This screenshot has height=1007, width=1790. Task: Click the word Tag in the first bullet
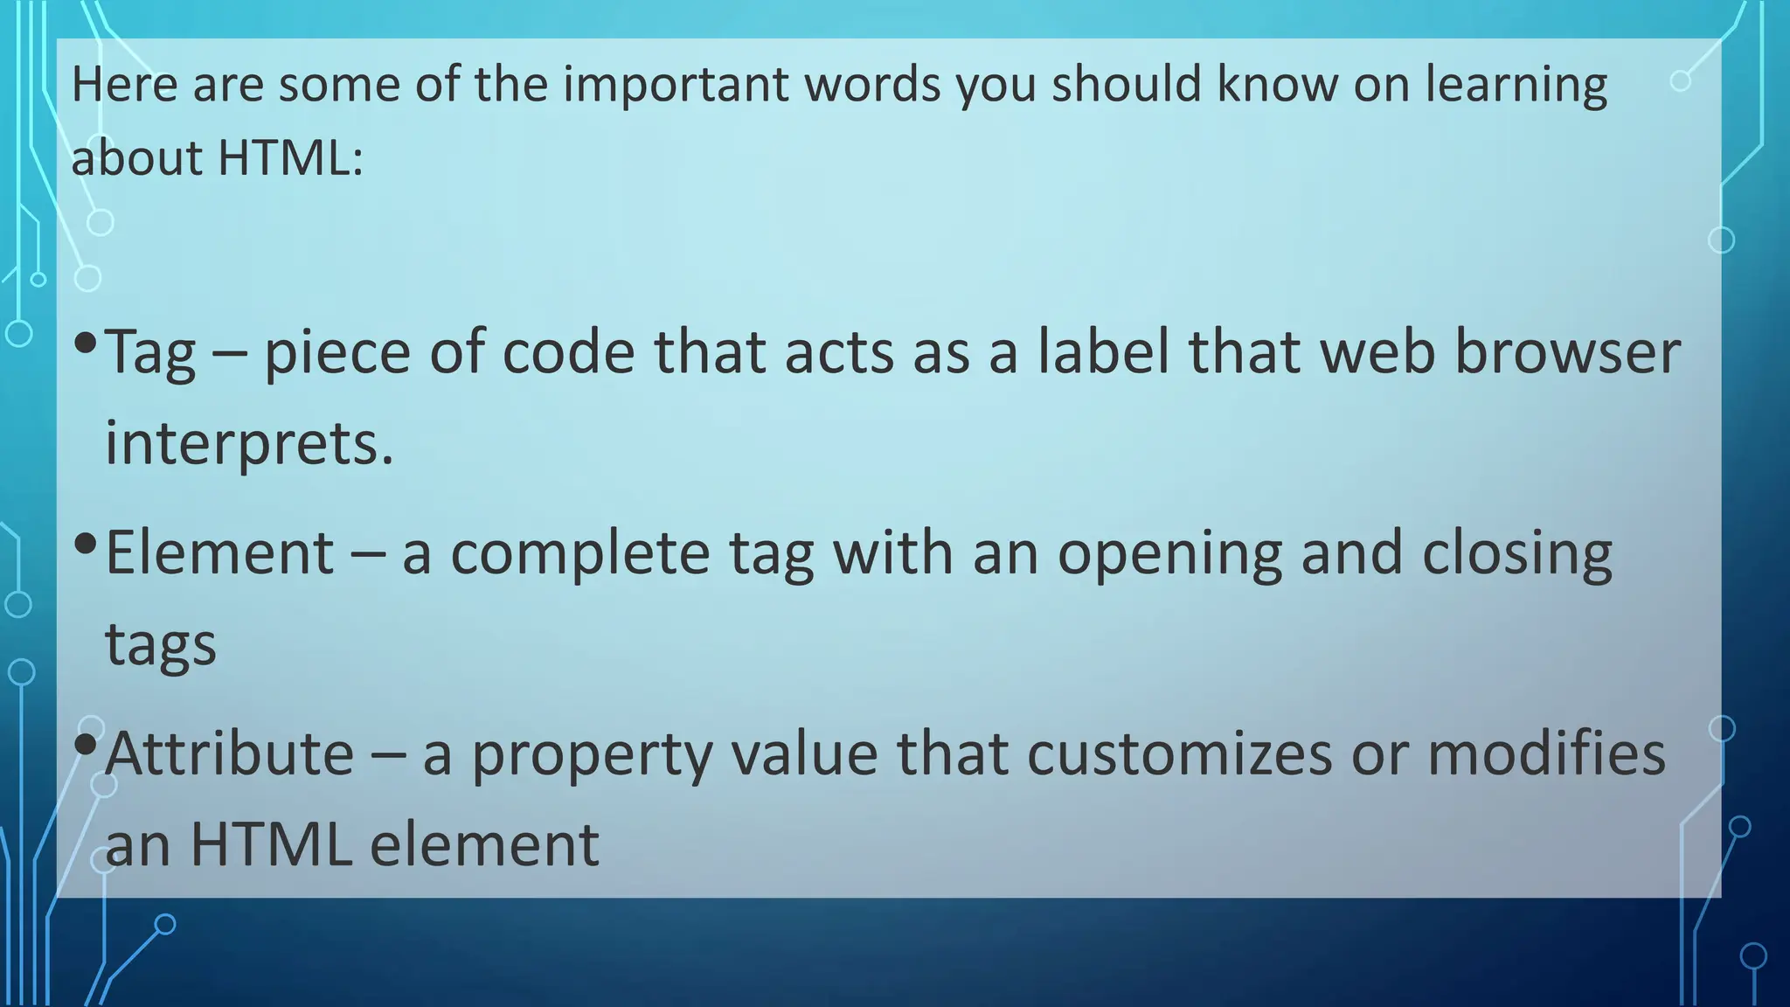[x=150, y=354]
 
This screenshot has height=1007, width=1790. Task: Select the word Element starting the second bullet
[x=219, y=553]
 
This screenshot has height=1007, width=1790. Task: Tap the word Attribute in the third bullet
[x=229, y=754]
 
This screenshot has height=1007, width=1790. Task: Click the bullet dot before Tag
[x=85, y=343]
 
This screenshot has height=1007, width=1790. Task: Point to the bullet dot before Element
[x=85, y=544]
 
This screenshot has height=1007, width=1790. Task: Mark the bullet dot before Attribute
[x=85, y=745]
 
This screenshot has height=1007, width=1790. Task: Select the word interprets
[x=249, y=444]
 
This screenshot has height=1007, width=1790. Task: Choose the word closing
[x=1516, y=555]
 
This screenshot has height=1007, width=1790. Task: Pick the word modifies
[x=1546, y=754]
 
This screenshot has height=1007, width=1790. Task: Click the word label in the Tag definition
[x=1103, y=352]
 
